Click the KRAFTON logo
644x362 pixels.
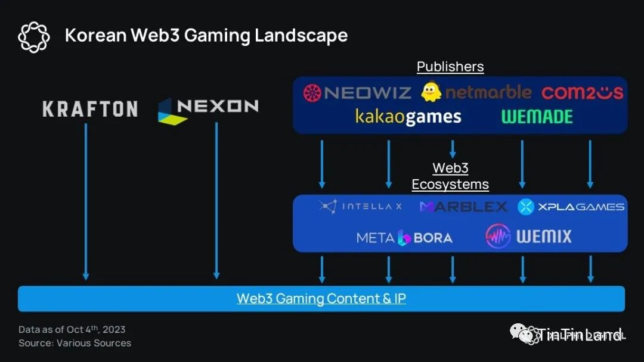point(90,109)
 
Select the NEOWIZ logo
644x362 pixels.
point(357,92)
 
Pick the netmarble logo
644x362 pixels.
point(476,92)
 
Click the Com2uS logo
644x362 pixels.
point(582,92)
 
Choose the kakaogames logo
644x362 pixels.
point(408,116)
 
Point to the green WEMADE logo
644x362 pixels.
point(537,117)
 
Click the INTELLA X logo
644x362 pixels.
point(360,207)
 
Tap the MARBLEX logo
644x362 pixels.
point(463,207)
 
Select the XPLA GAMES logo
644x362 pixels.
point(571,207)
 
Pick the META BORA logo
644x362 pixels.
point(404,238)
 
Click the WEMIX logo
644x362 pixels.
point(528,236)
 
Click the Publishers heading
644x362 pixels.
point(450,67)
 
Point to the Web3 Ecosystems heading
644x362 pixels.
point(450,177)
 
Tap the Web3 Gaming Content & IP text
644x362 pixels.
point(321,298)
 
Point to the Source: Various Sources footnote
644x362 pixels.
point(75,343)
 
